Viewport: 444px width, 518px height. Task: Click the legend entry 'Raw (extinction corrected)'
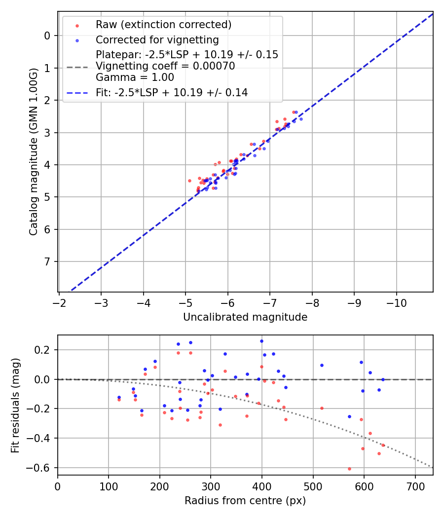163,25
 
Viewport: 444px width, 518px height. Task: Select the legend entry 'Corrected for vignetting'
157,39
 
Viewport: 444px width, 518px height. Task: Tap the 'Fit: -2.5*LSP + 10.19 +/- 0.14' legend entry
171,92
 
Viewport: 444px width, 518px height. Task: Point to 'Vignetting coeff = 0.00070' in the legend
165,66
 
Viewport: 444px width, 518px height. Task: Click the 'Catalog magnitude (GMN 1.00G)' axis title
33,151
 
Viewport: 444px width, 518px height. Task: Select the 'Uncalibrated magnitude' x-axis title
245,317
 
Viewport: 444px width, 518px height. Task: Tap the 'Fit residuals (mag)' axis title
15,405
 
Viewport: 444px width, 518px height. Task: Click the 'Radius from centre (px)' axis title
245,501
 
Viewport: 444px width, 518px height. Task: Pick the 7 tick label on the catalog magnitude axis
47,261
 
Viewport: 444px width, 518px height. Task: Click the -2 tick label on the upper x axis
59,302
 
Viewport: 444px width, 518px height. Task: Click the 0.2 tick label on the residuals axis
46,350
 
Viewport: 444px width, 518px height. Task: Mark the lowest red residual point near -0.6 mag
349,469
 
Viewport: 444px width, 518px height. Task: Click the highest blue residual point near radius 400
261,341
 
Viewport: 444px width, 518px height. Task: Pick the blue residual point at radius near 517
322,365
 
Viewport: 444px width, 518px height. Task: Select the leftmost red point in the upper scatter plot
189,181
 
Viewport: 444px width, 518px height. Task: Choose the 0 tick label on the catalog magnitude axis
47,36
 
